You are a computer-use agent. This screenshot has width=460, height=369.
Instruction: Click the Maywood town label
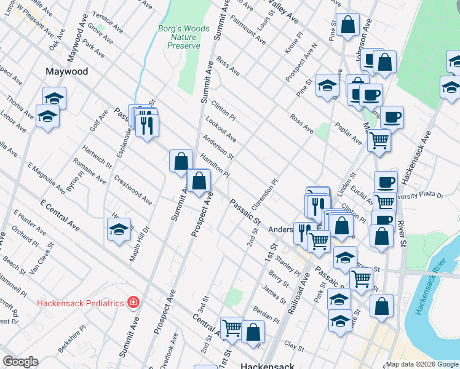click(x=67, y=71)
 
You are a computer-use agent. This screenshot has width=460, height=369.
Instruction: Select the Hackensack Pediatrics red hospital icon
click(x=132, y=303)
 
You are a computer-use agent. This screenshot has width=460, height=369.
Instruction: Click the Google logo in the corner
click(x=21, y=362)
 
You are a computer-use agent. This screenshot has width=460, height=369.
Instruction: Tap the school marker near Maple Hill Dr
click(x=119, y=230)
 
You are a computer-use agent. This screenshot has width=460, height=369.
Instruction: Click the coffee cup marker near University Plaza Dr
click(x=386, y=182)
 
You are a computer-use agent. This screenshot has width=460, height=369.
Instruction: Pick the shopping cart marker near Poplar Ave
click(x=379, y=140)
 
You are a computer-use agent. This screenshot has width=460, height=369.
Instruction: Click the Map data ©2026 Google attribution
click(x=422, y=364)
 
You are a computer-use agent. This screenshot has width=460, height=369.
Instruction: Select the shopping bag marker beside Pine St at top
click(x=347, y=26)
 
